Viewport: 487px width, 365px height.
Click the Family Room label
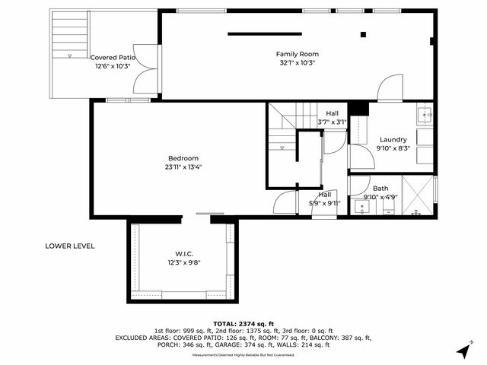click(297, 54)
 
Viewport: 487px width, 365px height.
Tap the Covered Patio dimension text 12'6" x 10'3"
click(113, 67)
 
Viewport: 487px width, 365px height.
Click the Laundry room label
click(393, 139)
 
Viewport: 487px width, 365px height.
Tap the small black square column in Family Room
click(363, 34)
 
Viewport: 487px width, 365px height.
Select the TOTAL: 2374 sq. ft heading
click(243, 323)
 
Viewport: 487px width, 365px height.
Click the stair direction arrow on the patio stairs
click(70, 56)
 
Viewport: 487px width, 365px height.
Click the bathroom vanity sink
click(359, 206)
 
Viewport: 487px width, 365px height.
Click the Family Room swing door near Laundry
click(390, 88)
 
